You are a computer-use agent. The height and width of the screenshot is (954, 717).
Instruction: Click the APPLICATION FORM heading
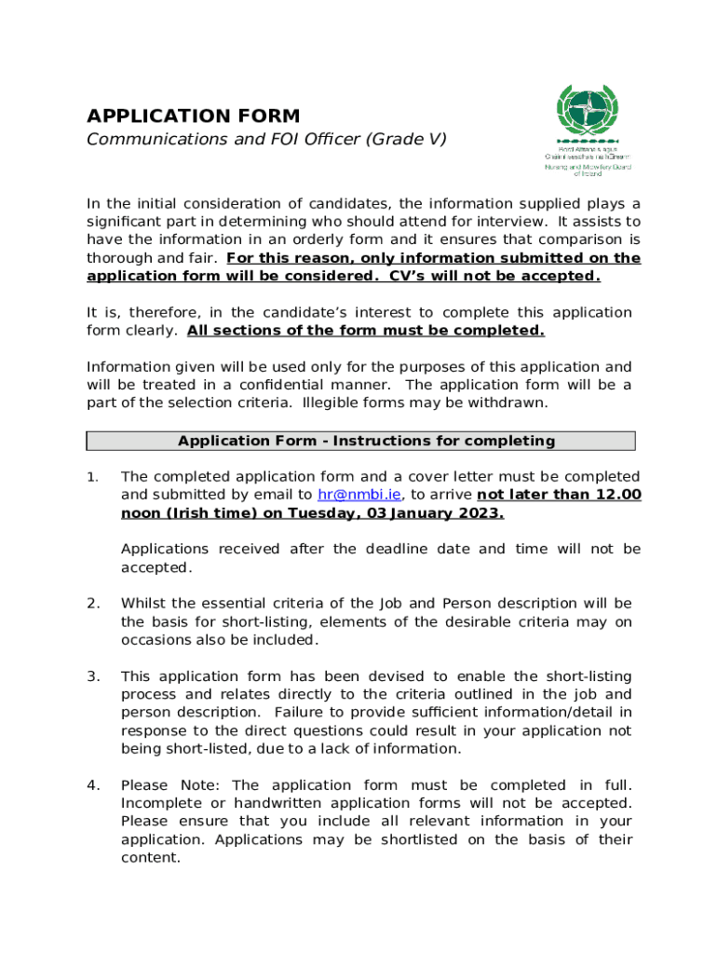coord(193,116)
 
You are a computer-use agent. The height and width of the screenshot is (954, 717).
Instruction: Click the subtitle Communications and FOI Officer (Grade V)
coord(266,140)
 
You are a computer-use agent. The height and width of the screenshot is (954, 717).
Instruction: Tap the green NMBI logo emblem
coord(587,113)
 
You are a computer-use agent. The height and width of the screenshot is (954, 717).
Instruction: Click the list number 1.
coord(91,477)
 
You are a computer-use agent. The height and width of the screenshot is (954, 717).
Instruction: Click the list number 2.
coord(93,603)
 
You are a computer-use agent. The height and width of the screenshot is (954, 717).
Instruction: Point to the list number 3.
coord(93,676)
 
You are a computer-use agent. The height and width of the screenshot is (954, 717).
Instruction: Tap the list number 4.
coord(93,785)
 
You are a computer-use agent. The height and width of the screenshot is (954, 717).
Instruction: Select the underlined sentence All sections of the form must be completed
coord(366,331)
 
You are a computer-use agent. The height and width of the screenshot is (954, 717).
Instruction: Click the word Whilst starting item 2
coord(145,603)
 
